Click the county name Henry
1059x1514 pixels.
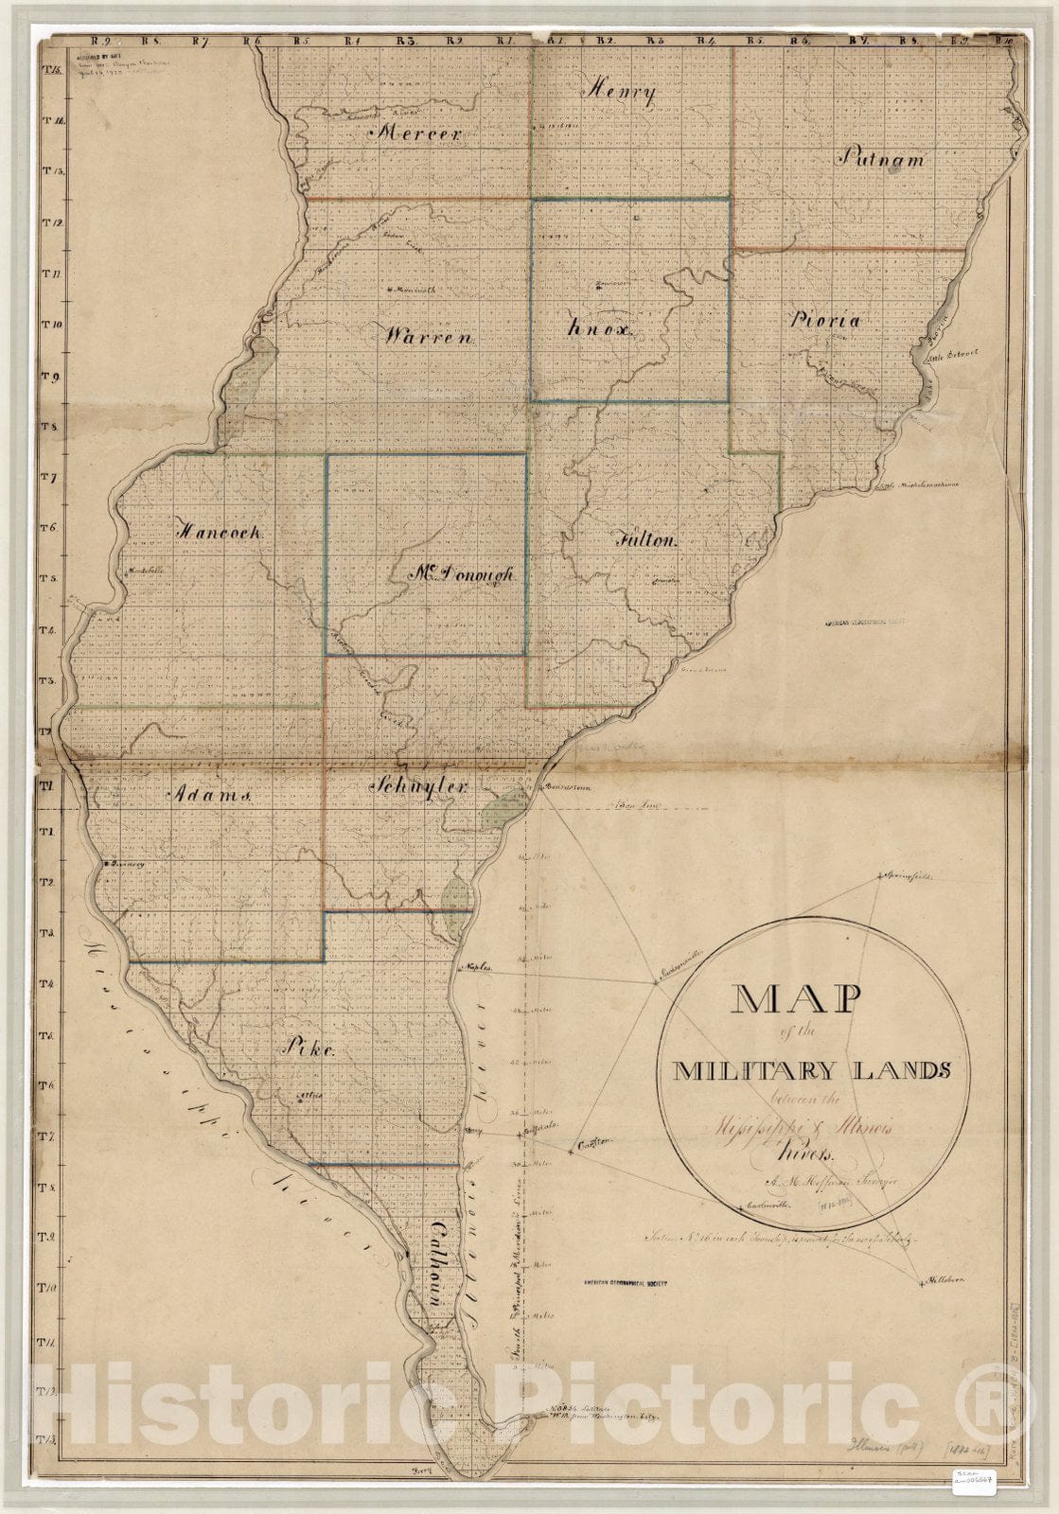click(622, 92)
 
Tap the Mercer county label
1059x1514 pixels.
click(418, 134)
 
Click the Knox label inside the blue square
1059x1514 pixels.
click(600, 328)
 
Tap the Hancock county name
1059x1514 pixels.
click(222, 532)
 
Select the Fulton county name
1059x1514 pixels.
click(647, 541)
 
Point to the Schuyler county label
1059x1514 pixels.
click(420, 786)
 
